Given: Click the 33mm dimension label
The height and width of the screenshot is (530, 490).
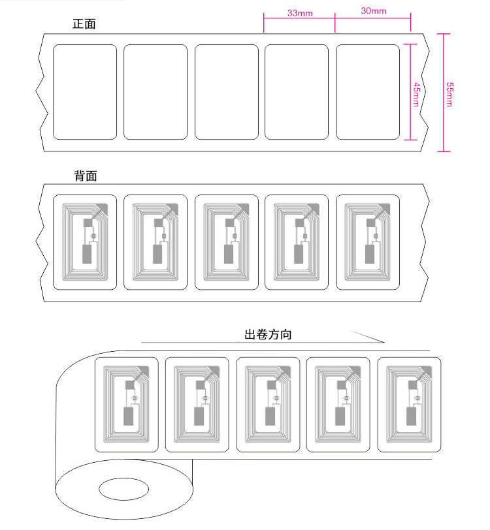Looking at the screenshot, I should click(x=299, y=12).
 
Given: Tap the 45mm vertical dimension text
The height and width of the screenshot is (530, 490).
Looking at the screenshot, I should click(x=416, y=92).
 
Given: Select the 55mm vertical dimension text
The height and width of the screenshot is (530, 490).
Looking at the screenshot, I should click(x=449, y=93).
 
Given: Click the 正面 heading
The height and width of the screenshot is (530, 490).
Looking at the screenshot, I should click(x=84, y=25).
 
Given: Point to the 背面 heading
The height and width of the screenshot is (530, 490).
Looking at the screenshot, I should click(x=85, y=176).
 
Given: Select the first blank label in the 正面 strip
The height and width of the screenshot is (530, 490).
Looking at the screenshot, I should click(x=84, y=92).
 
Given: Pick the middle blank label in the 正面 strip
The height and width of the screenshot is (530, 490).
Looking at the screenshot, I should click(x=226, y=92).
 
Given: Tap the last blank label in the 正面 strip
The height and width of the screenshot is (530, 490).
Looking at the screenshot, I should click(x=367, y=92).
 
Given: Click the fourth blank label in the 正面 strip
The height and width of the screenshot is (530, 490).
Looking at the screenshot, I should click(x=297, y=92).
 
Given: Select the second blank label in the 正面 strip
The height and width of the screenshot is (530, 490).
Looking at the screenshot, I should click(x=155, y=92).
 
